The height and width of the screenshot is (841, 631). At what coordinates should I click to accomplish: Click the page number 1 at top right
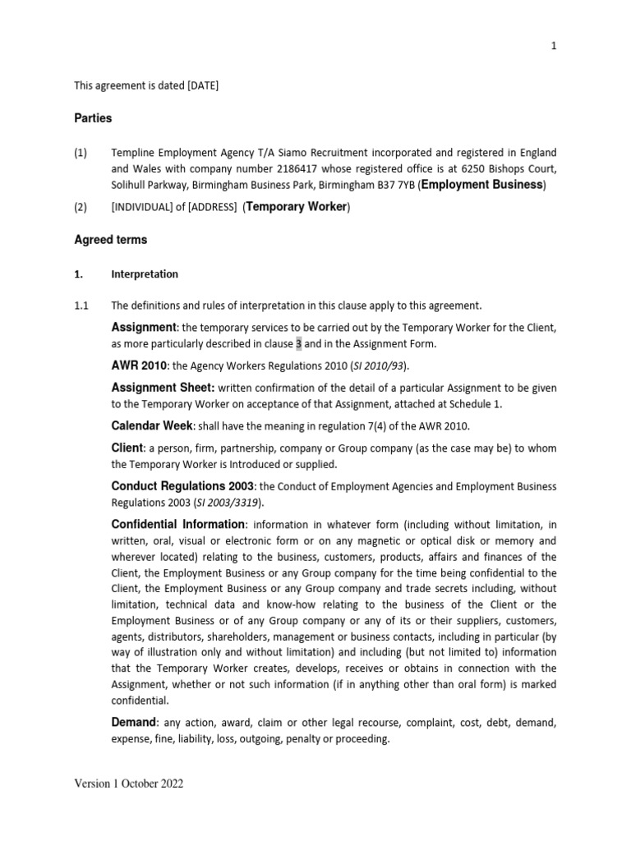(554, 47)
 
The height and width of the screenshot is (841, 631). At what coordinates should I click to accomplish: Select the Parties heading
(93, 118)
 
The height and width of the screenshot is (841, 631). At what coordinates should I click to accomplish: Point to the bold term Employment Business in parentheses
(482, 185)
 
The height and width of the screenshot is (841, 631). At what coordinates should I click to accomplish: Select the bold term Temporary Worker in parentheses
(297, 207)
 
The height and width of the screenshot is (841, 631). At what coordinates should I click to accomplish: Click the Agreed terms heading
(111, 241)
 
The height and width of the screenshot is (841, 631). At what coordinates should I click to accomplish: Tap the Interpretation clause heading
(145, 274)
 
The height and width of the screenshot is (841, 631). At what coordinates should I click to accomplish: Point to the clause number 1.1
(81, 306)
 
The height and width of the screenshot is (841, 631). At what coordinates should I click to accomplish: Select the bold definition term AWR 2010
(139, 365)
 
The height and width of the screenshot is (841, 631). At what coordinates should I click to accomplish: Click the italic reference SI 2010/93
(377, 366)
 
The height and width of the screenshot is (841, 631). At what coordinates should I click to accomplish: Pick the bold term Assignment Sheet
(163, 387)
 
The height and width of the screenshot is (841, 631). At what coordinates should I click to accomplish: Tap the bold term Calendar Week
(152, 425)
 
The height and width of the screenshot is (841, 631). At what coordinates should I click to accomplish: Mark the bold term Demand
(133, 722)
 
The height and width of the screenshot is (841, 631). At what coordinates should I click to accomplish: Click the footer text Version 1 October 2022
(129, 784)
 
